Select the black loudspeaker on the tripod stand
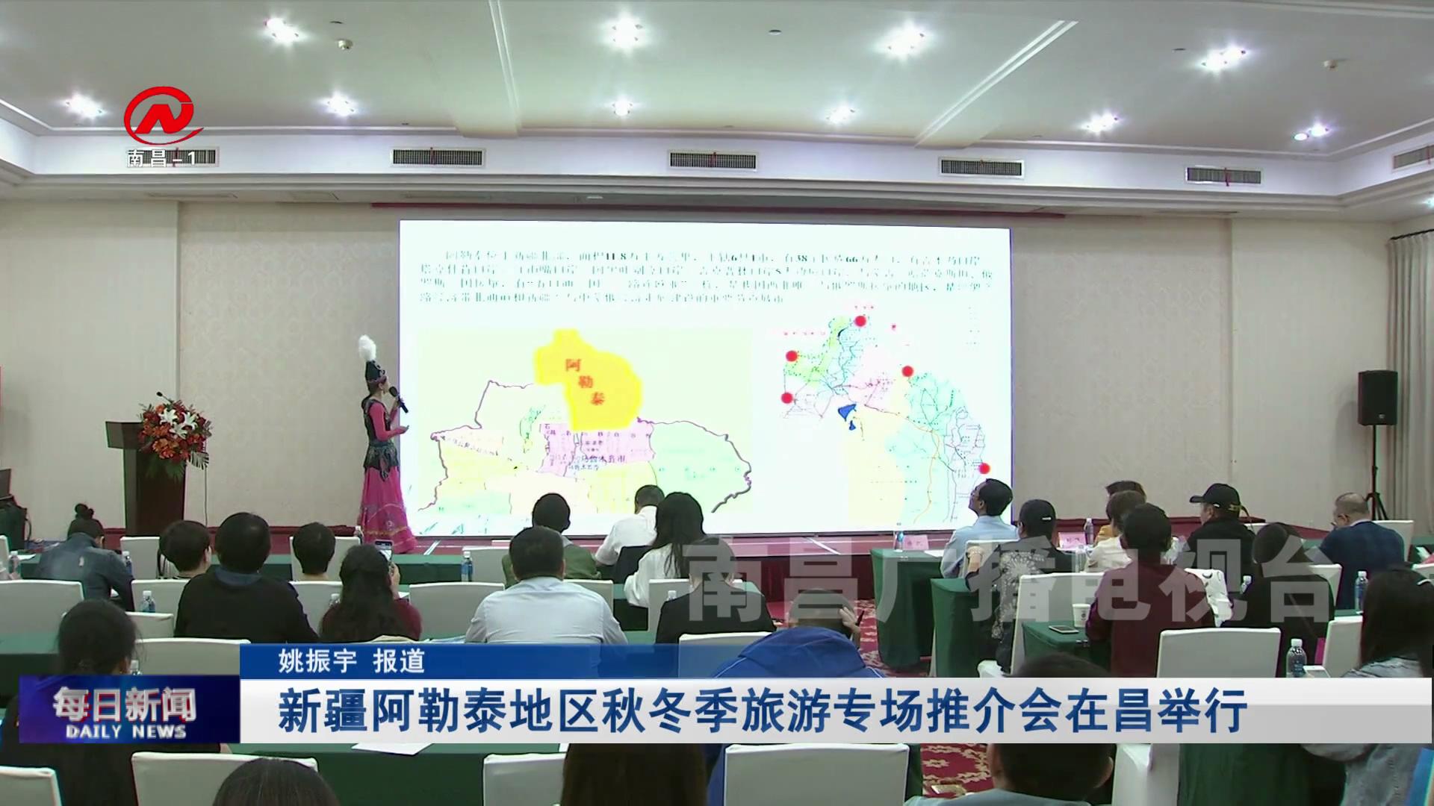tap(1377, 398)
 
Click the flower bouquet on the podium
tap(174, 433)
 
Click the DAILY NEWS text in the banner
tap(125, 731)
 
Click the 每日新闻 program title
tap(125, 703)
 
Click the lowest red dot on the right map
tap(984, 469)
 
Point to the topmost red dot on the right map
tap(860, 321)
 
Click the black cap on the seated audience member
tap(1213, 496)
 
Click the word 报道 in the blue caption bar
tap(400, 660)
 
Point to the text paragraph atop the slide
tap(702, 275)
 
